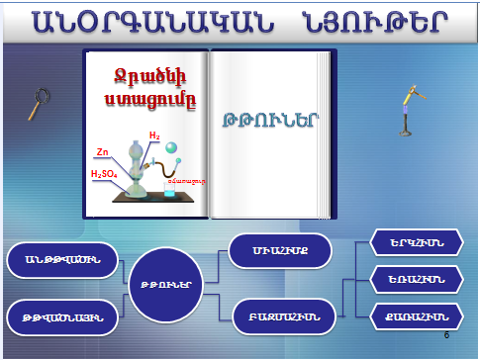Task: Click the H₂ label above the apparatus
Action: (154, 135)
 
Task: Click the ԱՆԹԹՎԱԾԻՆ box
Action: (64, 260)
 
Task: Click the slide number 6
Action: (446, 336)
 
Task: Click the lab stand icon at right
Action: (406, 112)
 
